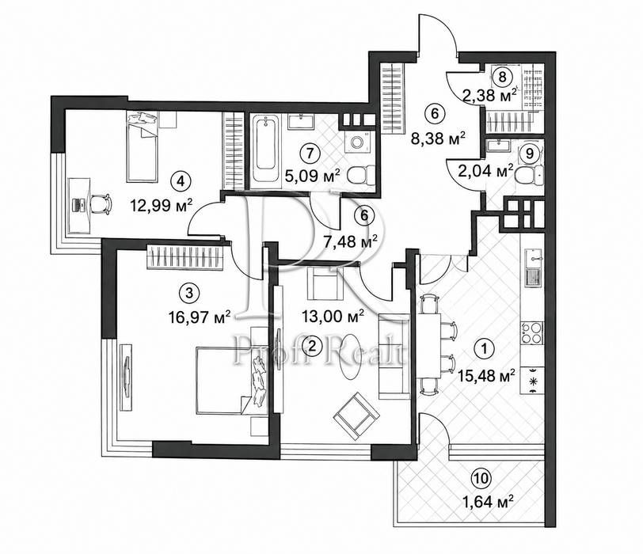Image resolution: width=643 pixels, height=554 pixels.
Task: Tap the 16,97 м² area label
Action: (x=200, y=317)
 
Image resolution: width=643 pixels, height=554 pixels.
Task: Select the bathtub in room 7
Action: (x=264, y=149)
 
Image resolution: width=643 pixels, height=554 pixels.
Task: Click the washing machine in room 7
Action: (x=358, y=142)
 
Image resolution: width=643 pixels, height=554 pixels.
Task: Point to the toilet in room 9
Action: (x=529, y=176)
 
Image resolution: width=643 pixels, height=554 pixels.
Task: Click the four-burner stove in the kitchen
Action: (x=531, y=332)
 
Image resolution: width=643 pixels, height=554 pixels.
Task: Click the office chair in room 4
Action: (x=101, y=203)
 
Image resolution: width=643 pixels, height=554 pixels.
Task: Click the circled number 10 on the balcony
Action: (x=481, y=478)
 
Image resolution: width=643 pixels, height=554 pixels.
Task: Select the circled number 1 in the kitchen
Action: (x=485, y=349)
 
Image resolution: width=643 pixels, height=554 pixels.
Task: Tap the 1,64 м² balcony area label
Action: (x=488, y=502)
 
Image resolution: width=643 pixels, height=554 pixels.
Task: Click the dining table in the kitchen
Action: (x=429, y=344)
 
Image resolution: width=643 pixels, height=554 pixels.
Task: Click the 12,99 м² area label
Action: (x=162, y=205)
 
